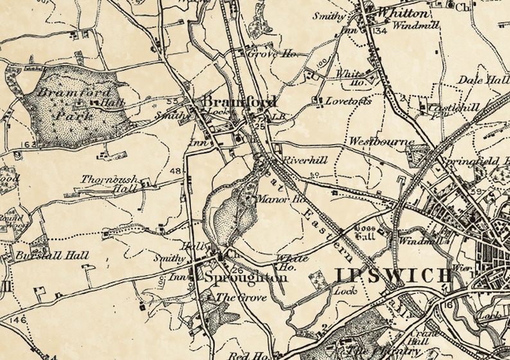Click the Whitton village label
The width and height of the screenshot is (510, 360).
click(403, 13)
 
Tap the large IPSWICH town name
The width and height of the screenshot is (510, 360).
click(393, 276)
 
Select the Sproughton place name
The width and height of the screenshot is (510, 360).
click(245, 278)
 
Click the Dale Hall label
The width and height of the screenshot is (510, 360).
click(483, 80)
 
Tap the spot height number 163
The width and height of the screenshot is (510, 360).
click(28, 145)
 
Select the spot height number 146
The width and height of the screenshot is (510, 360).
click(17, 319)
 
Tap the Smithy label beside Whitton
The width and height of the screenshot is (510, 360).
click(328, 15)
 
